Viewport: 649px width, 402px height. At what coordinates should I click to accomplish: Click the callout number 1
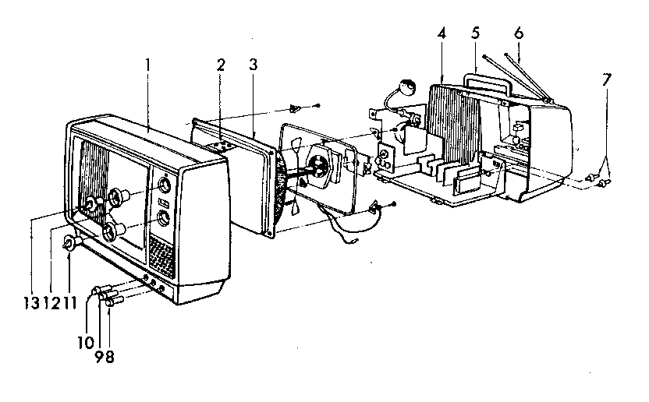tap(147, 65)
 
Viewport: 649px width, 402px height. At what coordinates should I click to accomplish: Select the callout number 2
tap(221, 65)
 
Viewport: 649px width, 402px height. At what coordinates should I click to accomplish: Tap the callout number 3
tap(253, 65)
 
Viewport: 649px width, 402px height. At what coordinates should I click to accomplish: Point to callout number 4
tap(442, 33)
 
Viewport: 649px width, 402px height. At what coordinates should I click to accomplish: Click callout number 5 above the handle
tap(475, 33)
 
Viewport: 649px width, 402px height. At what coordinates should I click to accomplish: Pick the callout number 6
tap(519, 33)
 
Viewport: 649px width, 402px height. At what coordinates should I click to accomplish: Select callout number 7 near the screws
tap(606, 79)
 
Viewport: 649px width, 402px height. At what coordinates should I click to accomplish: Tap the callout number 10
tap(86, 343)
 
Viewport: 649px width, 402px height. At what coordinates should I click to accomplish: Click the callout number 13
tap(31, 303)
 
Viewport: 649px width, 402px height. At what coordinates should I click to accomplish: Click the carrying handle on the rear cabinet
tap(486, 83)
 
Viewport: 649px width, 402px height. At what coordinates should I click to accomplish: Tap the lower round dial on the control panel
tap(162, 218)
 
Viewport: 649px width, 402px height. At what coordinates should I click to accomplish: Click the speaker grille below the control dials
tap(161, 256)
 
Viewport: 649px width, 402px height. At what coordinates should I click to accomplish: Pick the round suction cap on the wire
tap(407, 87)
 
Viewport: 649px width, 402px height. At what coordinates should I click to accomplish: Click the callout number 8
tap(109, 356)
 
